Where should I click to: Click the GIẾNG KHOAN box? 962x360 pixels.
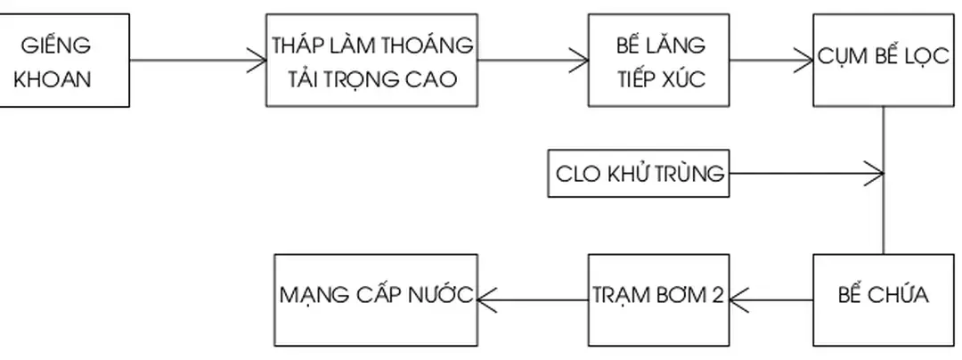(x=64, y=60)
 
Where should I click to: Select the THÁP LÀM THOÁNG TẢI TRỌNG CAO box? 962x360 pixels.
(x=372, y=60)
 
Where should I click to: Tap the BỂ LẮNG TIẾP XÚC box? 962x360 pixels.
(x=659, y=60)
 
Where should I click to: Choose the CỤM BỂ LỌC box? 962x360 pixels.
(x=884, y=60)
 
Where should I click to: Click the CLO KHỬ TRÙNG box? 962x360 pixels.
(x=638, y=174)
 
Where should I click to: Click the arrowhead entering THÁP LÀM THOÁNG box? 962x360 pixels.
(x=258, y=61)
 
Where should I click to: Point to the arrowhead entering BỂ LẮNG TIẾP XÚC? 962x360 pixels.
(x=581, y=61)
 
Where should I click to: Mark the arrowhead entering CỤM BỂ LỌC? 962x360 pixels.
(x=805, y=61)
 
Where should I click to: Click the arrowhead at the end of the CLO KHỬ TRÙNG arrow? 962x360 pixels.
(x=876, y=173)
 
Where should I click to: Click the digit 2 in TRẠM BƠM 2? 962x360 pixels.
(x=718, y=295)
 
